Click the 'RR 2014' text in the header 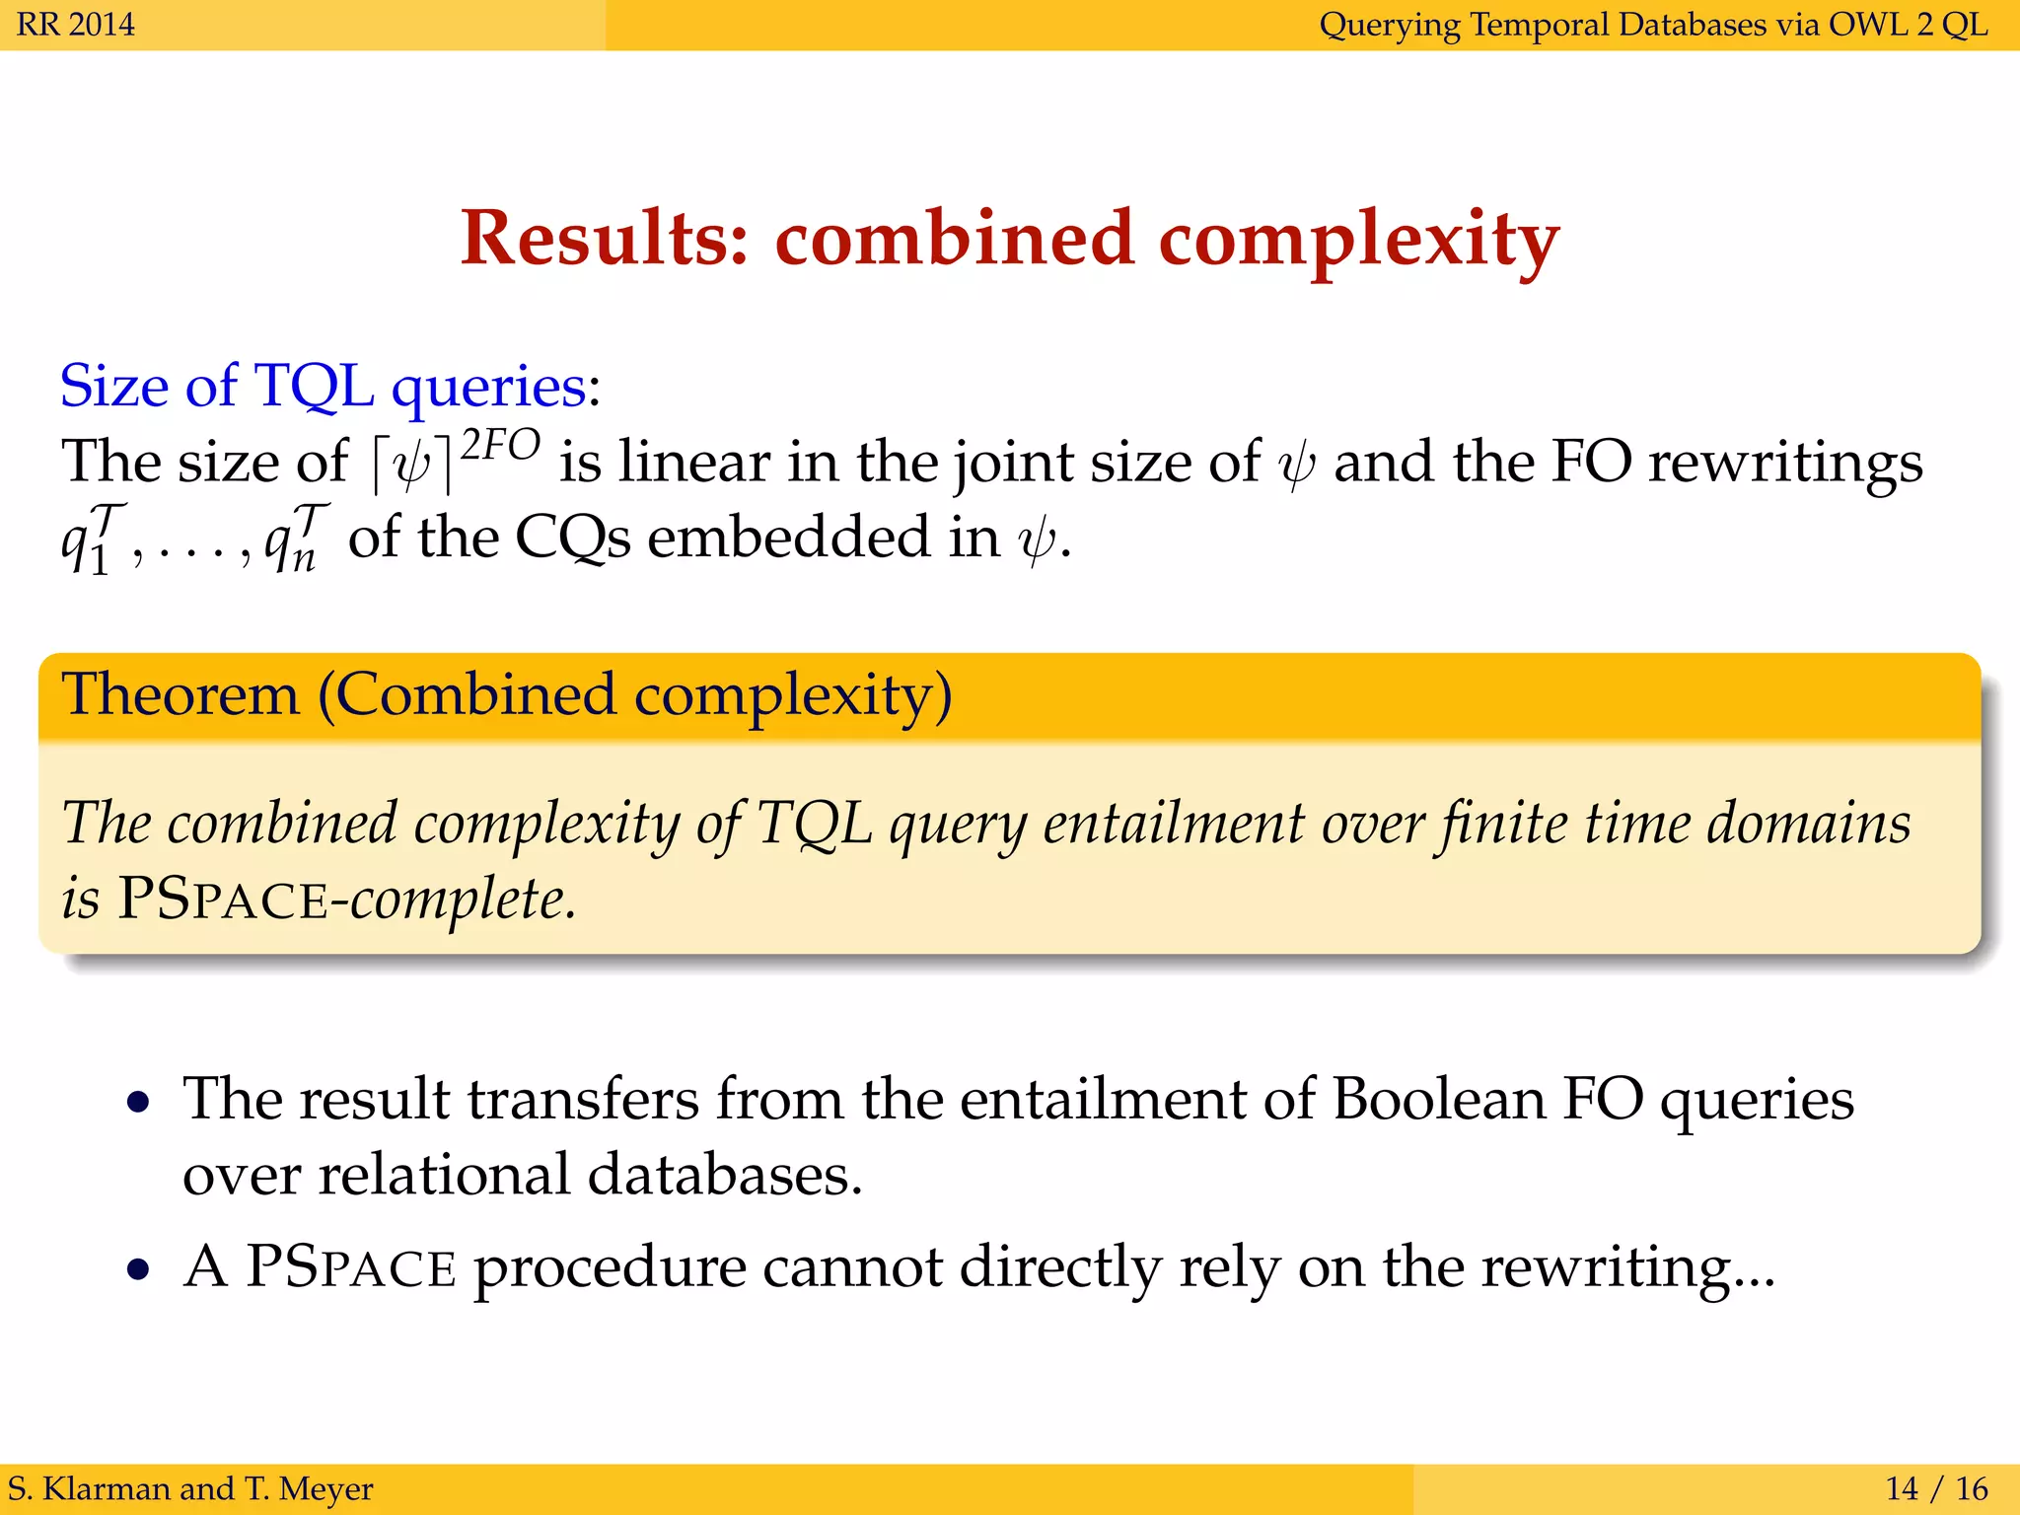pos(76,24)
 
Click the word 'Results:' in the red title pos(605,240)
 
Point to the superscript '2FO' pos(501,446)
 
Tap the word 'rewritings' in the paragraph pos(1785,464)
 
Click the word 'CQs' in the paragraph pos(573,539)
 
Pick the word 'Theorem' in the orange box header pos(180,694)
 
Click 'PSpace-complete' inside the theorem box pos(345,899)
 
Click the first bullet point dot pos(139,1102)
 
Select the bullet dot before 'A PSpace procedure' pos(139,1269)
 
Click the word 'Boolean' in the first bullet pos(1439,1099)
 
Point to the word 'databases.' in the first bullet pos(725,1175)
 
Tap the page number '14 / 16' pos(1936,1488)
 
